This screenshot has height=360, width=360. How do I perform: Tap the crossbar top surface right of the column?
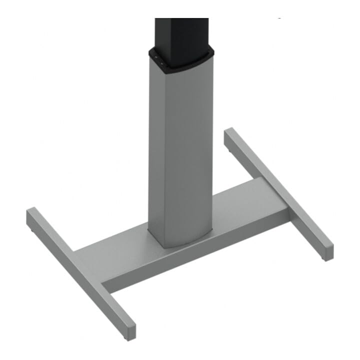(250, 200)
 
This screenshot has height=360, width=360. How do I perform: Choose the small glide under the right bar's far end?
(228, 148)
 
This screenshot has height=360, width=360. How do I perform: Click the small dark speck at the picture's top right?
(279, 18)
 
